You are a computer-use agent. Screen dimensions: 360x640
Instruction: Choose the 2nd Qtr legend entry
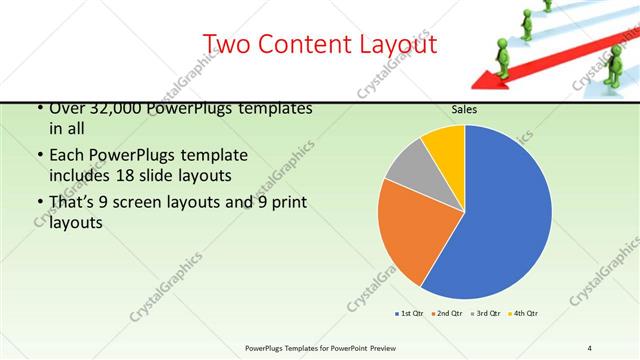[446, 314]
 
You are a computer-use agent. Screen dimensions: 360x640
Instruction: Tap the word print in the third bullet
[288, 204]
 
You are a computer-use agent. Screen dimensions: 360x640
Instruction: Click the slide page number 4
[590, 347]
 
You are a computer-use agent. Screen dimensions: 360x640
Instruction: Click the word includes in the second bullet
[82, 176]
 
